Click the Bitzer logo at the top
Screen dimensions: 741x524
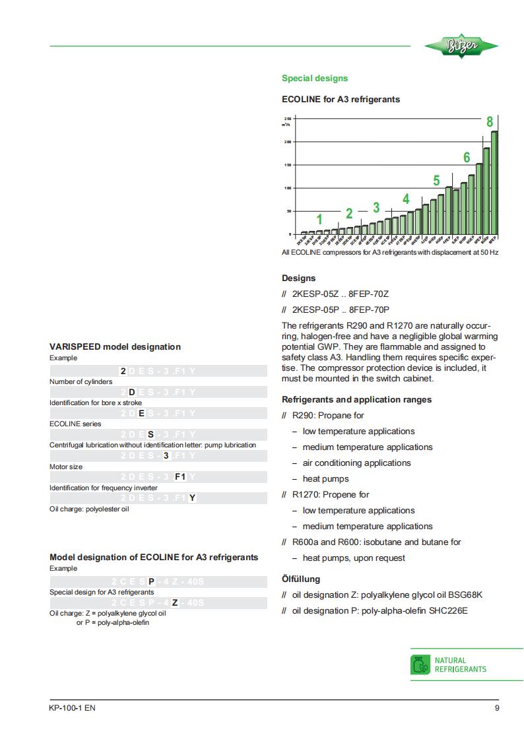[462, 46]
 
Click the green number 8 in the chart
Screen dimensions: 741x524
[490, 122]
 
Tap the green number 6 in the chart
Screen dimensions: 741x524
[467, 158]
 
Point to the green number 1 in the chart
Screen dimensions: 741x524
[319, 219]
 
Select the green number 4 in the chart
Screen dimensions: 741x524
[406, 199]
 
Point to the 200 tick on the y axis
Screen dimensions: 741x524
[288, 142]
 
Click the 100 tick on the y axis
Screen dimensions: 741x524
[288, 188]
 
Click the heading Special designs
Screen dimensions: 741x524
[314, 79]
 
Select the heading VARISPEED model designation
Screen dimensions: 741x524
[115, 346]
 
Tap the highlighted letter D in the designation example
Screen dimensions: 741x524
[131, 393]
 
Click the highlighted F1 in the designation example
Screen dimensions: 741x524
[180, 477]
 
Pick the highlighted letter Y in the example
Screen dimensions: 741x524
[192, 498]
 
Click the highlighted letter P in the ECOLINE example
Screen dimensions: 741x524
[151, 581]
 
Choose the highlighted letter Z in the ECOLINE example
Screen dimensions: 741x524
[174, 602]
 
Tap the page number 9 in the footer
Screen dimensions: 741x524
[496, 709]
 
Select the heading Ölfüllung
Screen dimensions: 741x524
[301, 579]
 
